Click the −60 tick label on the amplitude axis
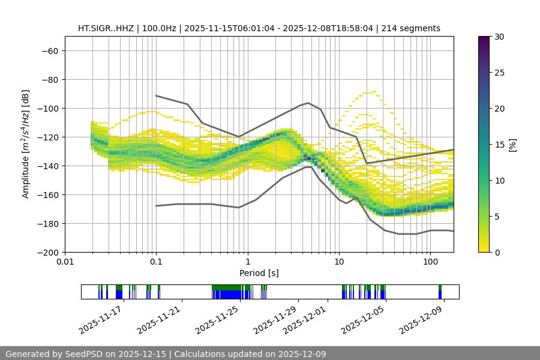point(49,50)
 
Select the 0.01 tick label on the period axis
point(65,262)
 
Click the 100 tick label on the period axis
point(430,262)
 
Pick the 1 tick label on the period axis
point(248,262)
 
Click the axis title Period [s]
point(259,273)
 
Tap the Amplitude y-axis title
point(26,144)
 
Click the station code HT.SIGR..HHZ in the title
point(107,28)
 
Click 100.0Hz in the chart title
point(160,28)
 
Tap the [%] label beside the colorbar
point(512,145)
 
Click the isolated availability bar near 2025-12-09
point(440,292)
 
